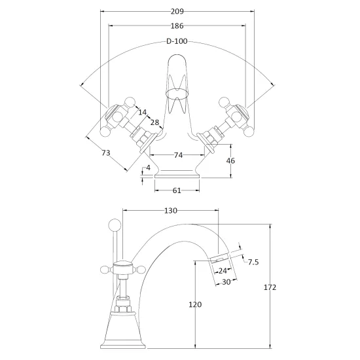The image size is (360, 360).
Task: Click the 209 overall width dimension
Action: (x=177, y=11)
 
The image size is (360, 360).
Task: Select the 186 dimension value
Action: (x=177, y=26)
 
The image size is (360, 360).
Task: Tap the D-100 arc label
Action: (x=177, y=41)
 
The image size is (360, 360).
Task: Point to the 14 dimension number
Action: (x=142, y=113)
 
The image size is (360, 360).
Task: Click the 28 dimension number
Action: (x=154, y=122)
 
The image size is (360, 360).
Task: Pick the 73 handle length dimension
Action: (x=106, y=153)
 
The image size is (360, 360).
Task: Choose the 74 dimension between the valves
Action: (x=178, y=155)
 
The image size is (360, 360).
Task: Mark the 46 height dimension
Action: (x=230, y=161)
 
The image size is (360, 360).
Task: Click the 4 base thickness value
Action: (x=148, y=168)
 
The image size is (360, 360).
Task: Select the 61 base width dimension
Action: (x=177, y=190)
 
